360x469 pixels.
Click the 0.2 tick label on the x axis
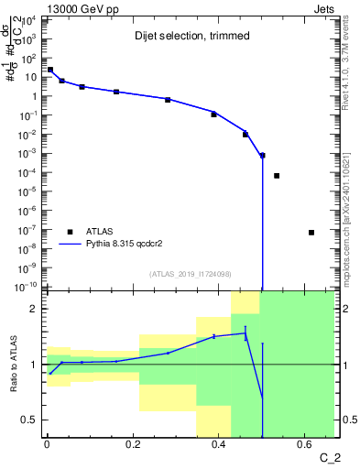(x=132, y=445)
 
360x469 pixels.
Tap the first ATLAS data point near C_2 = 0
(x=49, y=70)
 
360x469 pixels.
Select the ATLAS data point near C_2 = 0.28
(x=168, y=99)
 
